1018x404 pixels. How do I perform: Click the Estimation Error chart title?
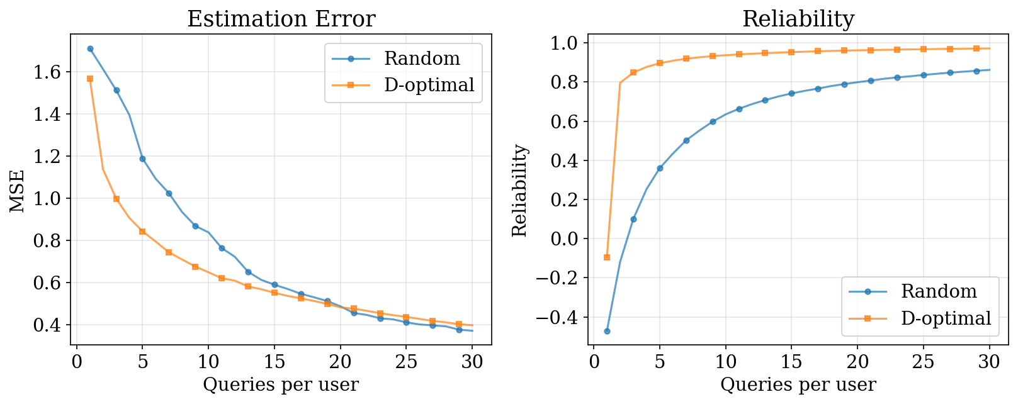coord(281,19)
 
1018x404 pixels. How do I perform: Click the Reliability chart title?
coord(798,19)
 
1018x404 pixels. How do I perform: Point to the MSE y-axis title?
coord(17,191)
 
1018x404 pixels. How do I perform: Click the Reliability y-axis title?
coord(519,191)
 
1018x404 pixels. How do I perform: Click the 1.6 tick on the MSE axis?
coord(49,72)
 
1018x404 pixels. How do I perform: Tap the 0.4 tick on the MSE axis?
coord(49,325)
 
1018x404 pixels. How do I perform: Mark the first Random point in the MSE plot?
coord(90,48)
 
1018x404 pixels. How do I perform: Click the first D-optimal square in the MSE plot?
coord(90,79)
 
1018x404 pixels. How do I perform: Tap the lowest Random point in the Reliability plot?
coord(607,331)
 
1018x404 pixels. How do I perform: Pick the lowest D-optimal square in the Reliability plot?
coord(607,257)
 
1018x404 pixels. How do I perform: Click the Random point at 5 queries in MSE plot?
coord(142,159)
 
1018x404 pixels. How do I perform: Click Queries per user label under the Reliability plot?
coord(798,384)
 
